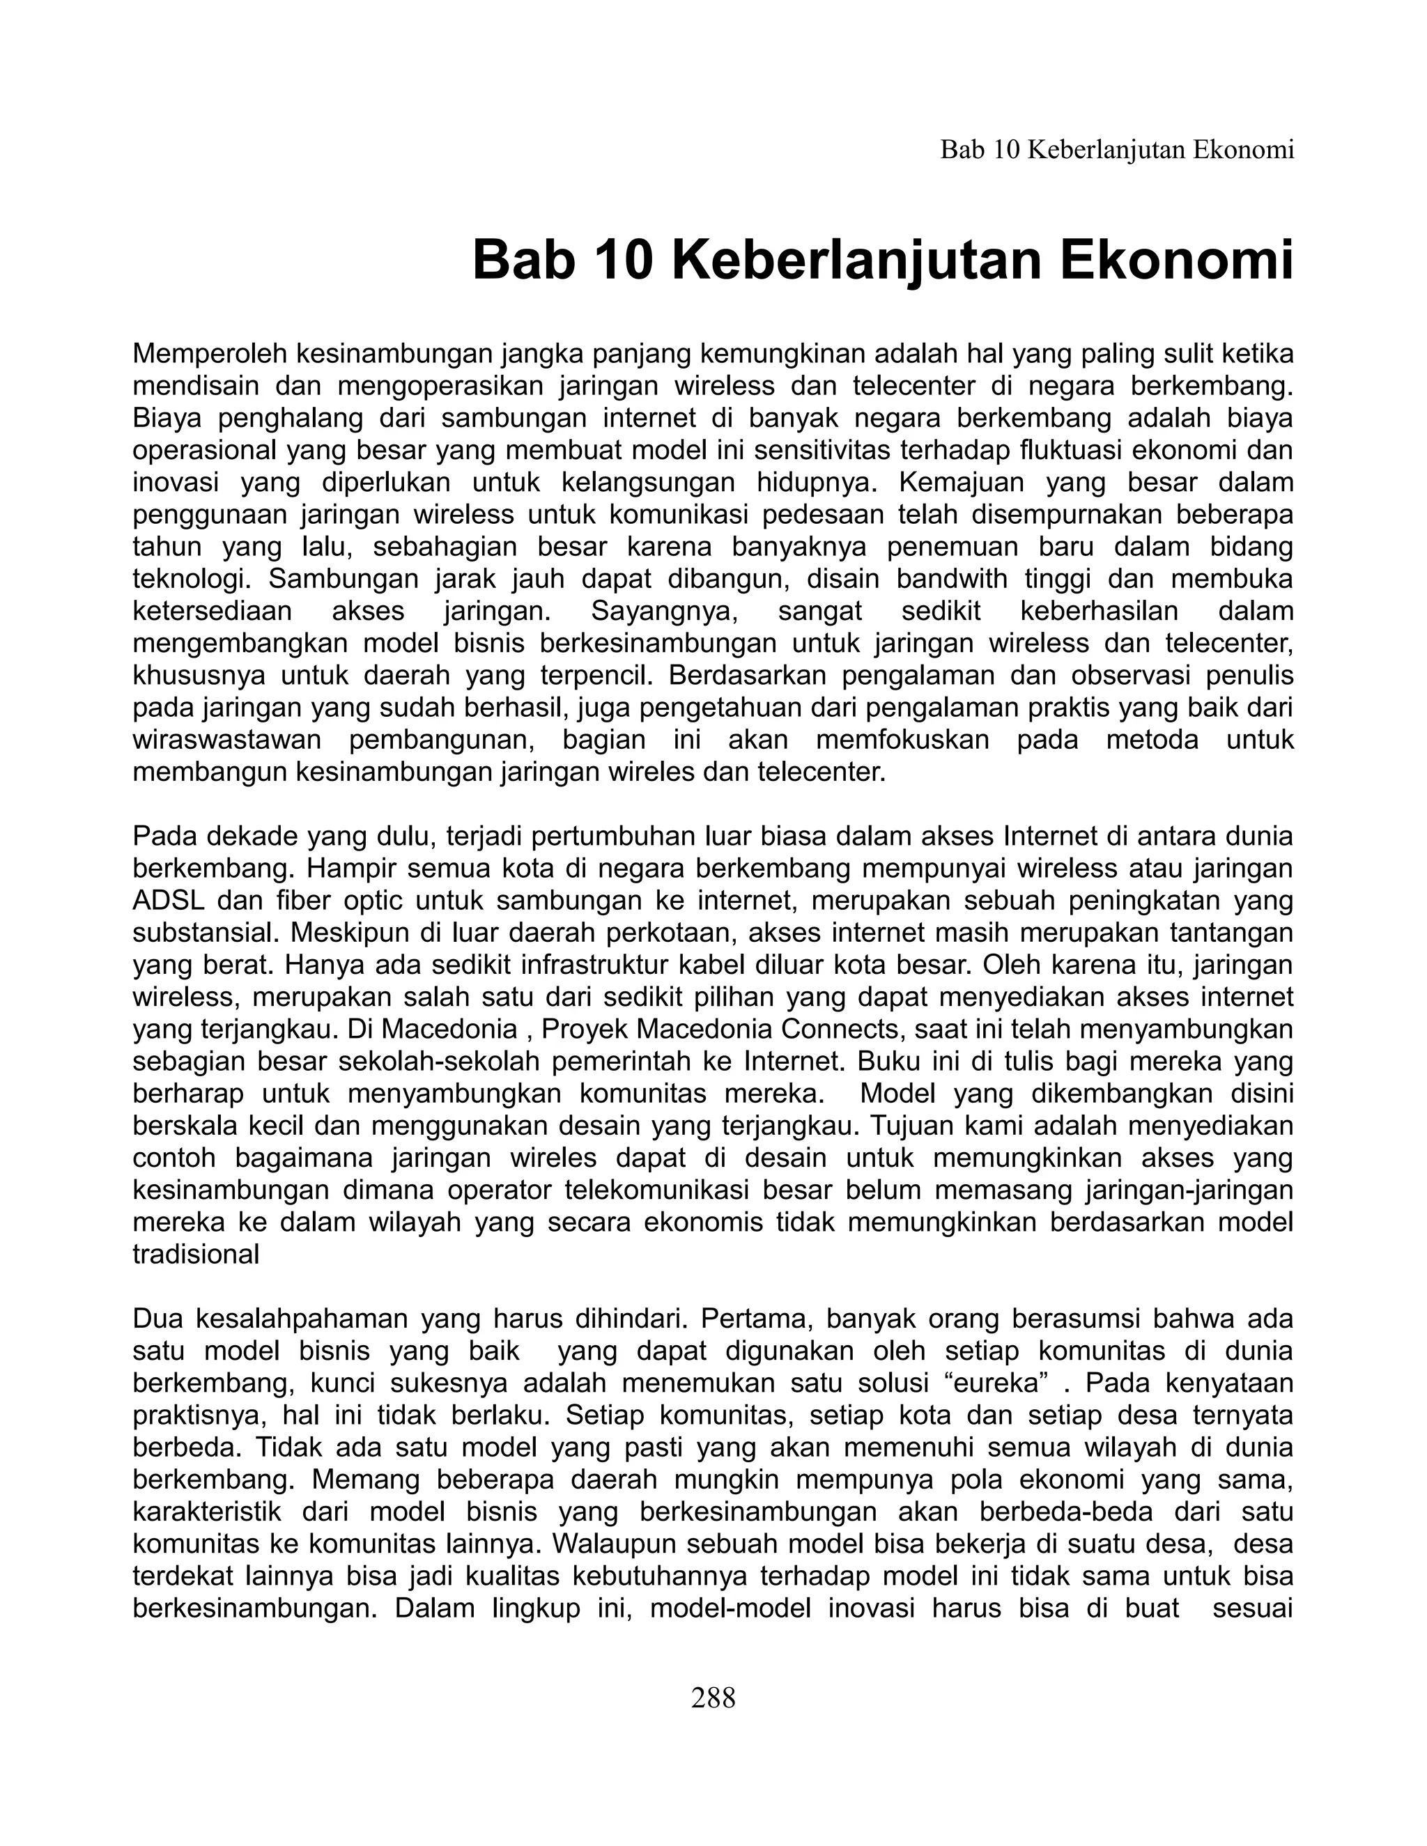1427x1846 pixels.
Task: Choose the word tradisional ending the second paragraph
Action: tap(196, 1255)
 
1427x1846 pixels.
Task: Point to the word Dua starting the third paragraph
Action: tap(156, 1319)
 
